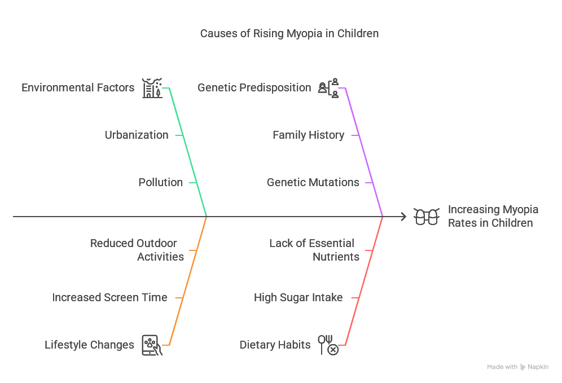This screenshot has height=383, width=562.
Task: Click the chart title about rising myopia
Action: point(289,33)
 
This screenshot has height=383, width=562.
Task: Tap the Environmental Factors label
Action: point(78,87)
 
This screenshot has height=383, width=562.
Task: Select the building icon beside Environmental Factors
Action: point(152,88)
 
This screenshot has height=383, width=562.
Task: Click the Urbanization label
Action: point(137,135)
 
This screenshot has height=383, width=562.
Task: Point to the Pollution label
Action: point(160,182)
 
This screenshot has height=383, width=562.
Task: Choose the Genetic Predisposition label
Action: point(254,87)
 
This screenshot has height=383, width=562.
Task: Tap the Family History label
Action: point(308,135)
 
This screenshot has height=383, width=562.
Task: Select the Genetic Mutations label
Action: point(313,182)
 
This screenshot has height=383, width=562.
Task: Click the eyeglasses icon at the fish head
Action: point(427,217)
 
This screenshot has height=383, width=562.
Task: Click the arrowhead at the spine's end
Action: point(402,217)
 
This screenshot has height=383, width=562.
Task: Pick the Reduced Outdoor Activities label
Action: point(137,250)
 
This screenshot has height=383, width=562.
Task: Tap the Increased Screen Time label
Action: point(109,297)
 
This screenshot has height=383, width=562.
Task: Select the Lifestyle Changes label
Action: point(89,345)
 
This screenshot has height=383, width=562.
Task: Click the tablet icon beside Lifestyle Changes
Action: point(152,345)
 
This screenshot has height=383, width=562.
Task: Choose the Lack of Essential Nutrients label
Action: point(314,250)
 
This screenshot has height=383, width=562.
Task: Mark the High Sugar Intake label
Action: point(298,297)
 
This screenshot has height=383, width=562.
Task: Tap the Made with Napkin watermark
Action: point(517,367)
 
